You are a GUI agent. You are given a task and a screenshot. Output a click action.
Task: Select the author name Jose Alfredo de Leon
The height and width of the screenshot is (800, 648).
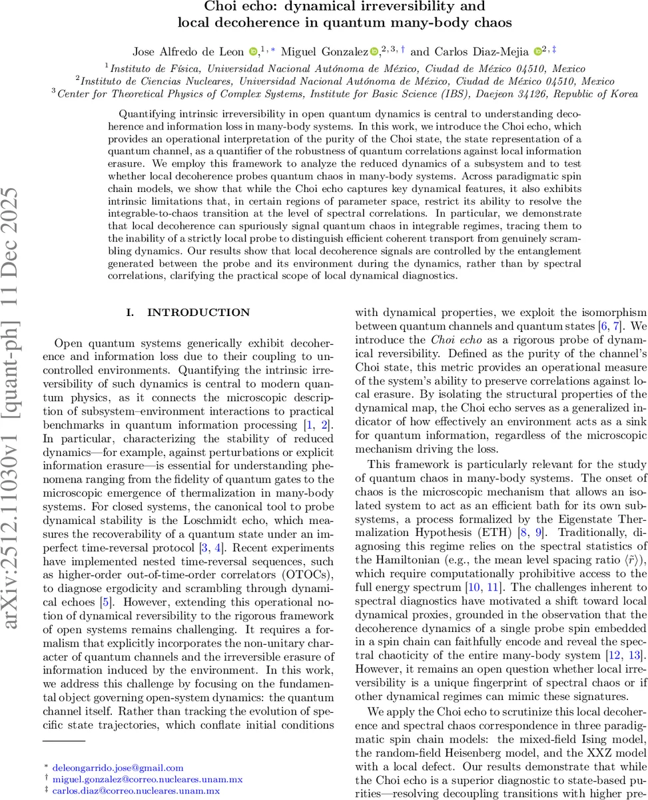point(196,51)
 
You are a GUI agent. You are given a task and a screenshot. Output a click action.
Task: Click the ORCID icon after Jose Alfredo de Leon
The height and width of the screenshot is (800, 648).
point(253,51)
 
